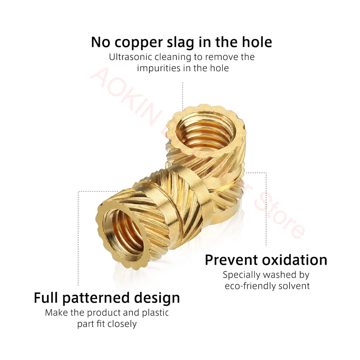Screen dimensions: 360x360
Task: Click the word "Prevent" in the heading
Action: coord(231,260)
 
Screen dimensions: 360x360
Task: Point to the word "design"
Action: coord(157,299)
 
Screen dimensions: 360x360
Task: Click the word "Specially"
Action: coord(241,275)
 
